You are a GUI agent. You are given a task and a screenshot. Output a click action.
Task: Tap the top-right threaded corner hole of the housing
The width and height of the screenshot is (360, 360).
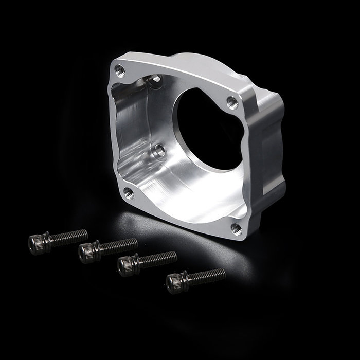pyautogui.click(x=232, y=101)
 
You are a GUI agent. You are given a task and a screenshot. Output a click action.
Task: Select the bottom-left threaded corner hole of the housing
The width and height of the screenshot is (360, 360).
pyautogui.click(x=129, y=193)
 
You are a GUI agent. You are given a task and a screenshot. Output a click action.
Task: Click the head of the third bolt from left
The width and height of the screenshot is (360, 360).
pyautogui.click(x=125, y=265)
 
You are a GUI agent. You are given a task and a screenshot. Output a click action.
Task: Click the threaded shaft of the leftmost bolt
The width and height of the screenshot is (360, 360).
pyautogui.click(x=69, y=236)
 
